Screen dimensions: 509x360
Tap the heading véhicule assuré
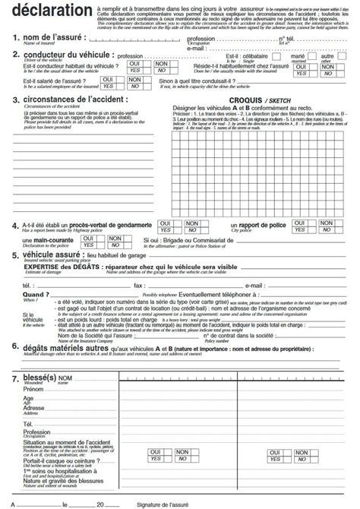pos(53,256)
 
